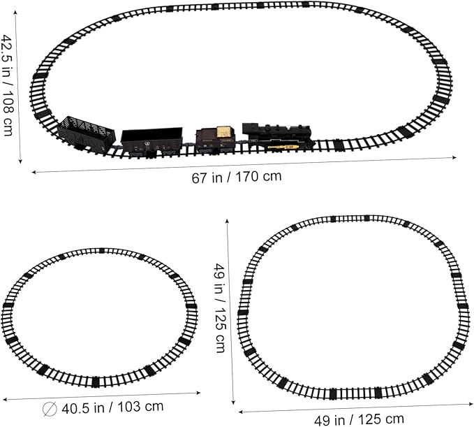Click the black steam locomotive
pyautogui.click(x=278, y=137)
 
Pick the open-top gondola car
pyautogui.click(x=151, y=141)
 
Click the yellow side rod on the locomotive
pyautogui.click(x=283, y=147)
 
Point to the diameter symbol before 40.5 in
pyautogui.click(x=50, y=410)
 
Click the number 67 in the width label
pyautogui.click(x=199, y=178)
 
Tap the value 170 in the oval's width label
pyautogui.click(x=246, y=177)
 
